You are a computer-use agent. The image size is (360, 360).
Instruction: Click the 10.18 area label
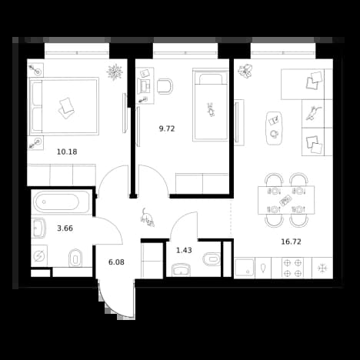pos(67,152)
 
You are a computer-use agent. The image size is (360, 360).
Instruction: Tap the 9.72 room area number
pos(167,128)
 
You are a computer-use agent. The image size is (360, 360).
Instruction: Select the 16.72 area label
pos(291,242)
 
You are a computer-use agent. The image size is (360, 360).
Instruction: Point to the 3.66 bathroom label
pos(65,228)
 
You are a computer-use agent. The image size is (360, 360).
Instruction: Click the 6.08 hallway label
pos(116,262)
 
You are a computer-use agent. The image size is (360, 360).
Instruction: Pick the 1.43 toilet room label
pos(184,250)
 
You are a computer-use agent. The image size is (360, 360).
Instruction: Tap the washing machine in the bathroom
pos(39,255)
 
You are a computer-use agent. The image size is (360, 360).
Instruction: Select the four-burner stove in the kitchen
pos(292,268)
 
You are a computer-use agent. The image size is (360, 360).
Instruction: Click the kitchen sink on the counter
pos(245,268)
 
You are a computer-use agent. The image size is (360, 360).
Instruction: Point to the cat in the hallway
pos(147,218)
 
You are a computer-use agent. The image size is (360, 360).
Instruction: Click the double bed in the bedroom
pos(64,106)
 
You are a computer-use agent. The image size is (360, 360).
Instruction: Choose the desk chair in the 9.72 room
pos(165,86)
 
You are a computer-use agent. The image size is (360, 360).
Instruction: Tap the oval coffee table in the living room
pos(274,128)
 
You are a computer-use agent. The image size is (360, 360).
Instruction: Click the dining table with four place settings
pos(286,200)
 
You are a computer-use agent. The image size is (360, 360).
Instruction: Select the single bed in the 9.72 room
pos(211,105)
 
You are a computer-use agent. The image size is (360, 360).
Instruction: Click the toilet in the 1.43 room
pos(212,259)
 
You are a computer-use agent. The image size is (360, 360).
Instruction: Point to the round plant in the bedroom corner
pos(115,72)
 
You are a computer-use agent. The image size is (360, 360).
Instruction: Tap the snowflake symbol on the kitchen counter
pos(322,268)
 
